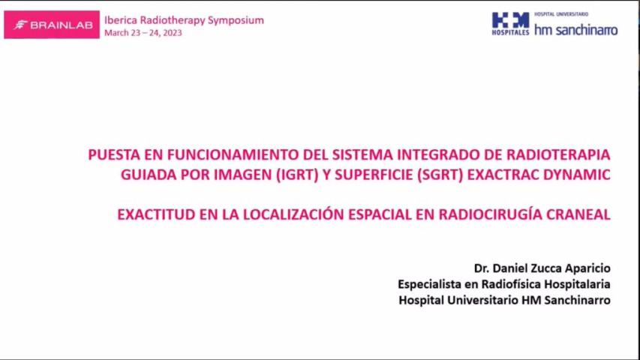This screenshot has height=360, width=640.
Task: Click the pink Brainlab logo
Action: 52,24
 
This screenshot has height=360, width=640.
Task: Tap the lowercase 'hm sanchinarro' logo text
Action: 575,30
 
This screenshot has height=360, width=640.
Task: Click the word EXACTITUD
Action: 156,214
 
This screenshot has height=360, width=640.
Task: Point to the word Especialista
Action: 431,284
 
